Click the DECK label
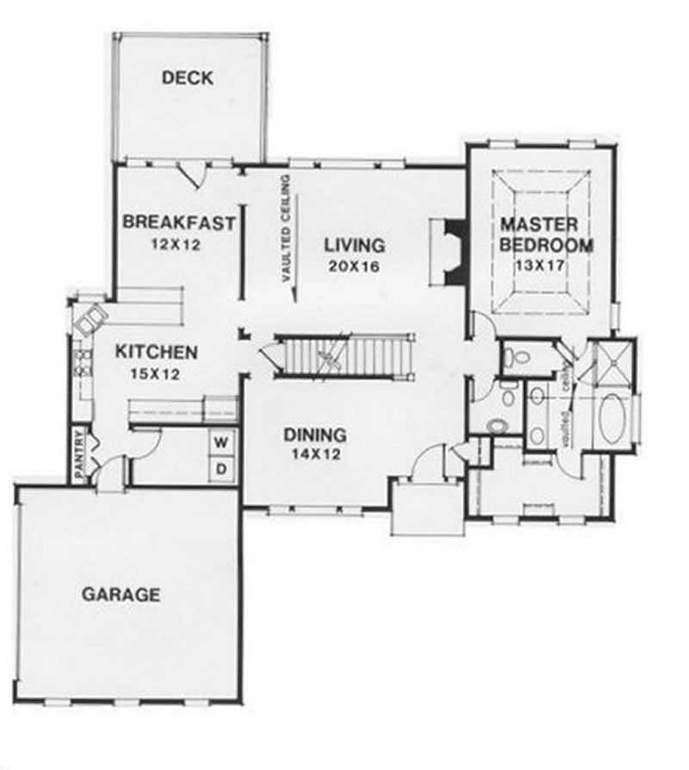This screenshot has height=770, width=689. pyautogui.click(x=187, y=78)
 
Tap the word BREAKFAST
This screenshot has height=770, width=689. pyautogui.click(x=178, y=222)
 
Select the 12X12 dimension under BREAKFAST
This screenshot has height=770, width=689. pyautogui.click(x=175, y=244)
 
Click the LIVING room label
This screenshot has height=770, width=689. pyautogui.click(x=354, y=245)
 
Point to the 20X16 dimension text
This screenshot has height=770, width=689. pyautogui.click(x=354, y=266)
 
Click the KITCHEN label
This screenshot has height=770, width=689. pyautogui.click(x=158, y=352)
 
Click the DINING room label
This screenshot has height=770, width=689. pyautogui.click(x=315, y=435)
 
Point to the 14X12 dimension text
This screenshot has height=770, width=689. pyautogui.click(x=315, y=455)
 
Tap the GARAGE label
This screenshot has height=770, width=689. pyautogui.click(x=121, y=594)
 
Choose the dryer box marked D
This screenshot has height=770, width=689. pyautogui.click(x=221, y=468)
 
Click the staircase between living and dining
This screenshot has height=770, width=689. pyautogui.click(x=344, y=356)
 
